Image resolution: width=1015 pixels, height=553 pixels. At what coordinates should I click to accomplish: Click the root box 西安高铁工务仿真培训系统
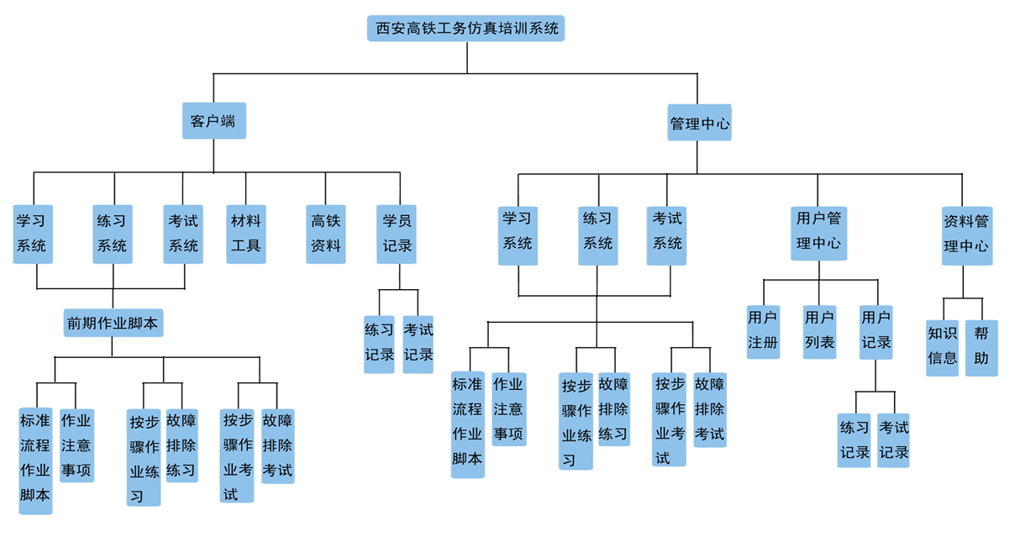(x=466, y=29)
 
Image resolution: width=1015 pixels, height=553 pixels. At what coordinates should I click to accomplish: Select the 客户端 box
(x=213, y=121)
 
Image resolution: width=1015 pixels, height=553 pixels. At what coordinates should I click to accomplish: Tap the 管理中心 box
(x=699, y=124)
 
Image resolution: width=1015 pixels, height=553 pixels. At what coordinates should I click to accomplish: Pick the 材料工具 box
(x=246, y=234)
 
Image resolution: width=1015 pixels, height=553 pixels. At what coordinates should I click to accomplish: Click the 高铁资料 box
(x=326, y=234)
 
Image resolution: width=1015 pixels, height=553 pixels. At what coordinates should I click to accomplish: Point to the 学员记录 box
(x=397, y=234)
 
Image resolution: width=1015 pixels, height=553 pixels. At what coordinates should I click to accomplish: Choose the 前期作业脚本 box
(x=113, y=323)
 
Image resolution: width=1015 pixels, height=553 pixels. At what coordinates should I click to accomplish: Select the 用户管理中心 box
(x=818, y=232)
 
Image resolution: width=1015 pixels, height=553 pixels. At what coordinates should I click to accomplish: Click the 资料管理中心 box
(x=966, y=234)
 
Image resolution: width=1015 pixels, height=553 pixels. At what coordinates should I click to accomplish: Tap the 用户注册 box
(x=763, y=331)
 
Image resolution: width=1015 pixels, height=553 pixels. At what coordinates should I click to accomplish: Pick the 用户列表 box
(x=819, y=331)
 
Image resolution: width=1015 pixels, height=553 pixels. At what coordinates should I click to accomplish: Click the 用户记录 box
(x=876, y=331)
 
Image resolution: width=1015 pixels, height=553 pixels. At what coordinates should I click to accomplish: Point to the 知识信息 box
(x=942, y=346)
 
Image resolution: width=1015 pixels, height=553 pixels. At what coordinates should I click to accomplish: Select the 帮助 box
(x=981, y=346)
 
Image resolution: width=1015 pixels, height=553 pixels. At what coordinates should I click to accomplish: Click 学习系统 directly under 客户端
(x=32, y=234)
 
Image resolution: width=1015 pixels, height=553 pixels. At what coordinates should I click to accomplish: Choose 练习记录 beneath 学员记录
(x=379, y=343)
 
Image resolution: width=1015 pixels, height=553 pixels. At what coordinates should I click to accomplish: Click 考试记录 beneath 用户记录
(x=893, y=440)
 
